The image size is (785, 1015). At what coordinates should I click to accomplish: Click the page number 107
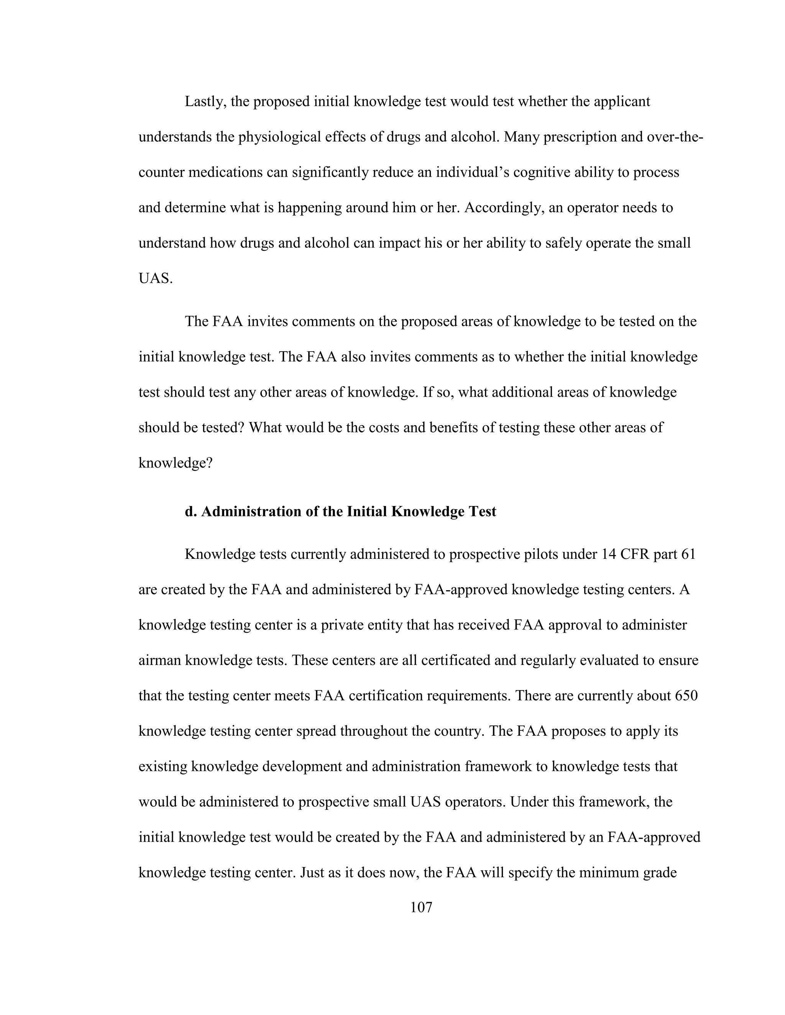point(421,907)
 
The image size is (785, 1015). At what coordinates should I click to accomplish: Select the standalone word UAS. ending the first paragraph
point(155,278)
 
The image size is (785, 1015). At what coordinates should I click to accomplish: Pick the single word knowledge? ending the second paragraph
point(175,463)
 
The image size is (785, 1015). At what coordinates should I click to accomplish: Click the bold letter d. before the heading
point(191,511)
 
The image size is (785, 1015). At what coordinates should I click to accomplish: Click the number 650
point(686,696)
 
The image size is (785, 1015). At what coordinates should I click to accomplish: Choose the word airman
point(159,660)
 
